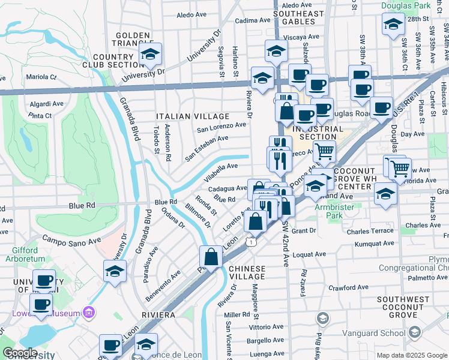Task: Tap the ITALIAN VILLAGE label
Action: click(192, 116)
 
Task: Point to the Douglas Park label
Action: click(405, 5)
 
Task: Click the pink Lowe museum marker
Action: click(89, 312)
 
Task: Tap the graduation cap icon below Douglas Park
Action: click(393, 25)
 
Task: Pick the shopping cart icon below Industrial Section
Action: click(324, 152)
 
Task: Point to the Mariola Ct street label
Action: click(41, 77)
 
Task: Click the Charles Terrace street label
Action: click(370, 231)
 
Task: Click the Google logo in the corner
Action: click(20, 353)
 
